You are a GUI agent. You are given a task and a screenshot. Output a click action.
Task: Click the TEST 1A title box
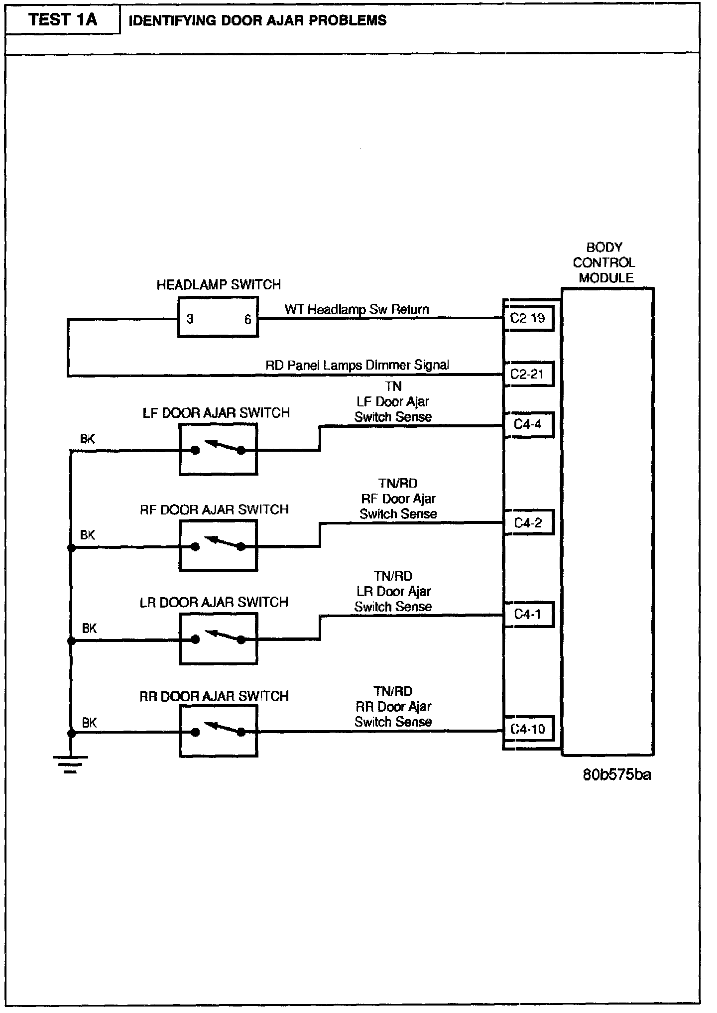click(63, 20)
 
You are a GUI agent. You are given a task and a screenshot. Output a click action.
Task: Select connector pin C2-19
click(528, 318)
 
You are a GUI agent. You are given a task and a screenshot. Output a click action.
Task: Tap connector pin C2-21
click(528, 374)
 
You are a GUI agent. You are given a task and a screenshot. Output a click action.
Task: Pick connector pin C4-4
click(528, 425)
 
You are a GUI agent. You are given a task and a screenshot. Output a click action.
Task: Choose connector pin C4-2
click(528, 523)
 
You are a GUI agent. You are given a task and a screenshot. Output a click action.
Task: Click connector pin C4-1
click(528, 615)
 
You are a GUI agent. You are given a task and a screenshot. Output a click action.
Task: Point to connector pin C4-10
click(528, 730)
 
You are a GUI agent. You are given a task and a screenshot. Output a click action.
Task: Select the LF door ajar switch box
click(218, 449)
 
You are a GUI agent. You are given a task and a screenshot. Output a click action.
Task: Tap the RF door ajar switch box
click(218, 546)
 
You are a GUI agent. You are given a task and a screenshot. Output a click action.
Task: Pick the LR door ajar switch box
click(218, 639)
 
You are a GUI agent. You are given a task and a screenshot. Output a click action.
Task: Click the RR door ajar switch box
click(218, 732)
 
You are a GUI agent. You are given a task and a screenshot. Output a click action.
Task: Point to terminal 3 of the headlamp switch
click(190, 319)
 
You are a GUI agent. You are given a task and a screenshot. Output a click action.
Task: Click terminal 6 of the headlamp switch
click(247, 319)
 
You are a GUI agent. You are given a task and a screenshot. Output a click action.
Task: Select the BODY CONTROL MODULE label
click(604, 262)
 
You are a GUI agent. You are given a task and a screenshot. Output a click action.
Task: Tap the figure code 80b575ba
click(617, 775)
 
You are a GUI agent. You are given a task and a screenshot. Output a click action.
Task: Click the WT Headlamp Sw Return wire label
click(357, 309)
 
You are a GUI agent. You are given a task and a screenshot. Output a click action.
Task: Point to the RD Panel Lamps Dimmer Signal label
click(357, 365)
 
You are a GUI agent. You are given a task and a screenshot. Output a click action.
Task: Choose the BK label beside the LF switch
click(88, 439)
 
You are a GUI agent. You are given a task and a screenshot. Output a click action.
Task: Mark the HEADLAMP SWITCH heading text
click(219, 285)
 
